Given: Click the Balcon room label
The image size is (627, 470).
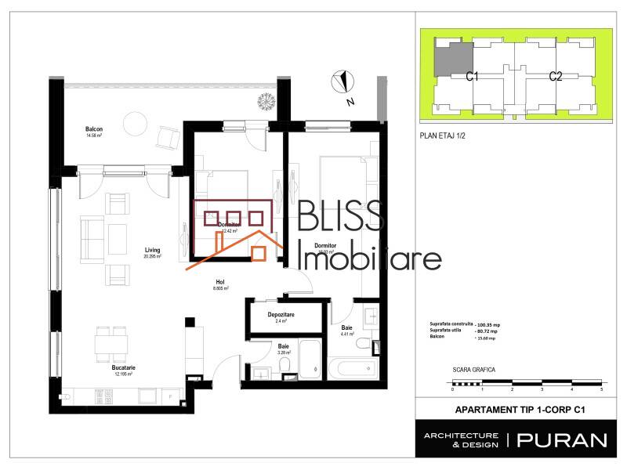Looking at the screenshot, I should [x=94, y=129].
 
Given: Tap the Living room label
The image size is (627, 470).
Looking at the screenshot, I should [x=152, y=251].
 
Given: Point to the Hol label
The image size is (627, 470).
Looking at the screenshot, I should [x=221, y=283].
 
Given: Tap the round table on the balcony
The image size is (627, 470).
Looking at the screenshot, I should [x=136, y=124].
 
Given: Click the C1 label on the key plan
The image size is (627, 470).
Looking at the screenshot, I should [x=473, y=76].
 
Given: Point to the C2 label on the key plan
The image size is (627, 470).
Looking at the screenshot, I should [x=556, y=76].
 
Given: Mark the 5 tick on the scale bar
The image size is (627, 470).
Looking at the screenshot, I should [x=601, y=389].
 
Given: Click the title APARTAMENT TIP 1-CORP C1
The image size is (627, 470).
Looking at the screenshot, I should [x=520, y=409].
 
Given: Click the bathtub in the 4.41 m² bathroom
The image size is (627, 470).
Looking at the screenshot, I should [x=353, y=367].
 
